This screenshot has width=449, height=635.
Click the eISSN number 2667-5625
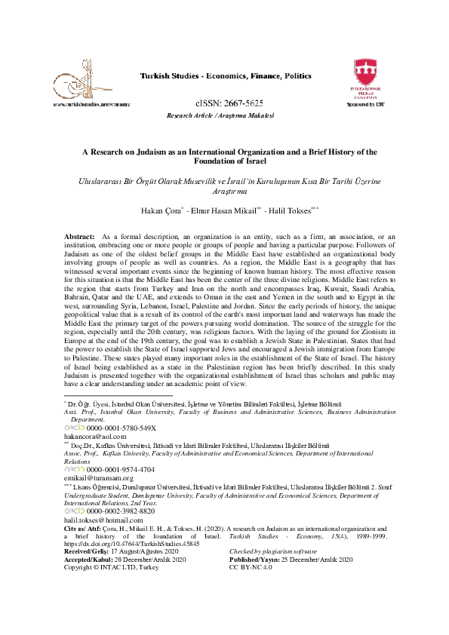[229, 103]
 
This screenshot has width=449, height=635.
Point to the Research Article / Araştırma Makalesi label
[220, 115]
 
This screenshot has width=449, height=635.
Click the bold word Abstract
[79, 237]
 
